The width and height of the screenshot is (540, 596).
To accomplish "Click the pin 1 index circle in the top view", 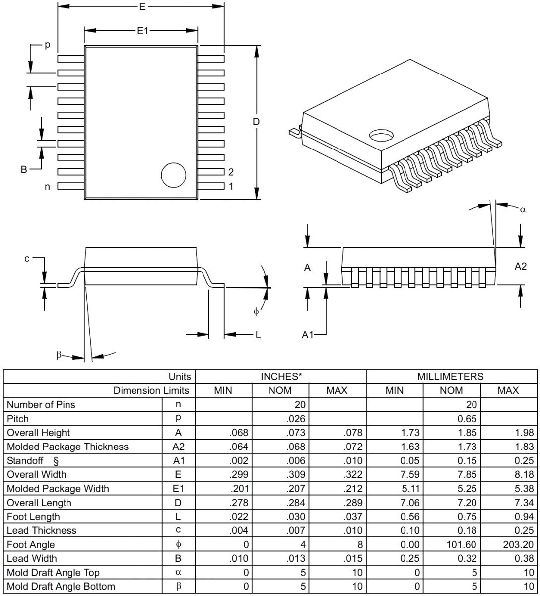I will (x=174, y=175).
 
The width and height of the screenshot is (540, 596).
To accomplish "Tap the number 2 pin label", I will (x=231, y=172).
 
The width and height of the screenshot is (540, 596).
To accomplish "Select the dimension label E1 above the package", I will (x=143, y=31).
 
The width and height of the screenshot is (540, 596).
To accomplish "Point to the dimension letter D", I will (x=256, y=122).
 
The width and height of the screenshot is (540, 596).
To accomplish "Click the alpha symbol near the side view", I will (x=523, y=209).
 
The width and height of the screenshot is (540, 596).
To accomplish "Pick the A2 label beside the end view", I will (x=520, y=267).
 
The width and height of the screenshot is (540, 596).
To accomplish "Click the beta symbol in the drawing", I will (x=59, y=355).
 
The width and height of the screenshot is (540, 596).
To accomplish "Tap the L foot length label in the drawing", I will (x=258, y=335).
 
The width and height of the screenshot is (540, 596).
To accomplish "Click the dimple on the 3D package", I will (x=381, y=135).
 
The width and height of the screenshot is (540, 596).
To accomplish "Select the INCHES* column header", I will (x=281, y=376).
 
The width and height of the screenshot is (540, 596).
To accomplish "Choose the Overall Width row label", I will (x=36, y=474).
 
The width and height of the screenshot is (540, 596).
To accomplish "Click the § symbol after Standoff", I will (x=56, y=460).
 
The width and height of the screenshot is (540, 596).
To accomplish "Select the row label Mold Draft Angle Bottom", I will (x=61, y=586).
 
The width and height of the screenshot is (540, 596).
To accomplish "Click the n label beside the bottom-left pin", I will (x=48, y=187).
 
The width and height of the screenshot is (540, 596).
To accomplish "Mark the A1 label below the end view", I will (x=308, y=335).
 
